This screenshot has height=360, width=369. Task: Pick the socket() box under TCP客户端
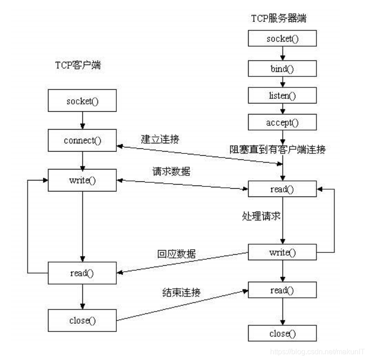coord(82,100)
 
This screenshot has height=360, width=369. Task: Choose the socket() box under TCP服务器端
coord(282,38)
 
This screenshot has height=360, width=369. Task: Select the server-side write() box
coord(282,252)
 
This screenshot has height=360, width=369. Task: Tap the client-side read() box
coord(82,273)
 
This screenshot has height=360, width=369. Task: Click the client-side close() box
coord(82,319)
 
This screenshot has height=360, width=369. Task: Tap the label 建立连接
coord(159,138)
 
